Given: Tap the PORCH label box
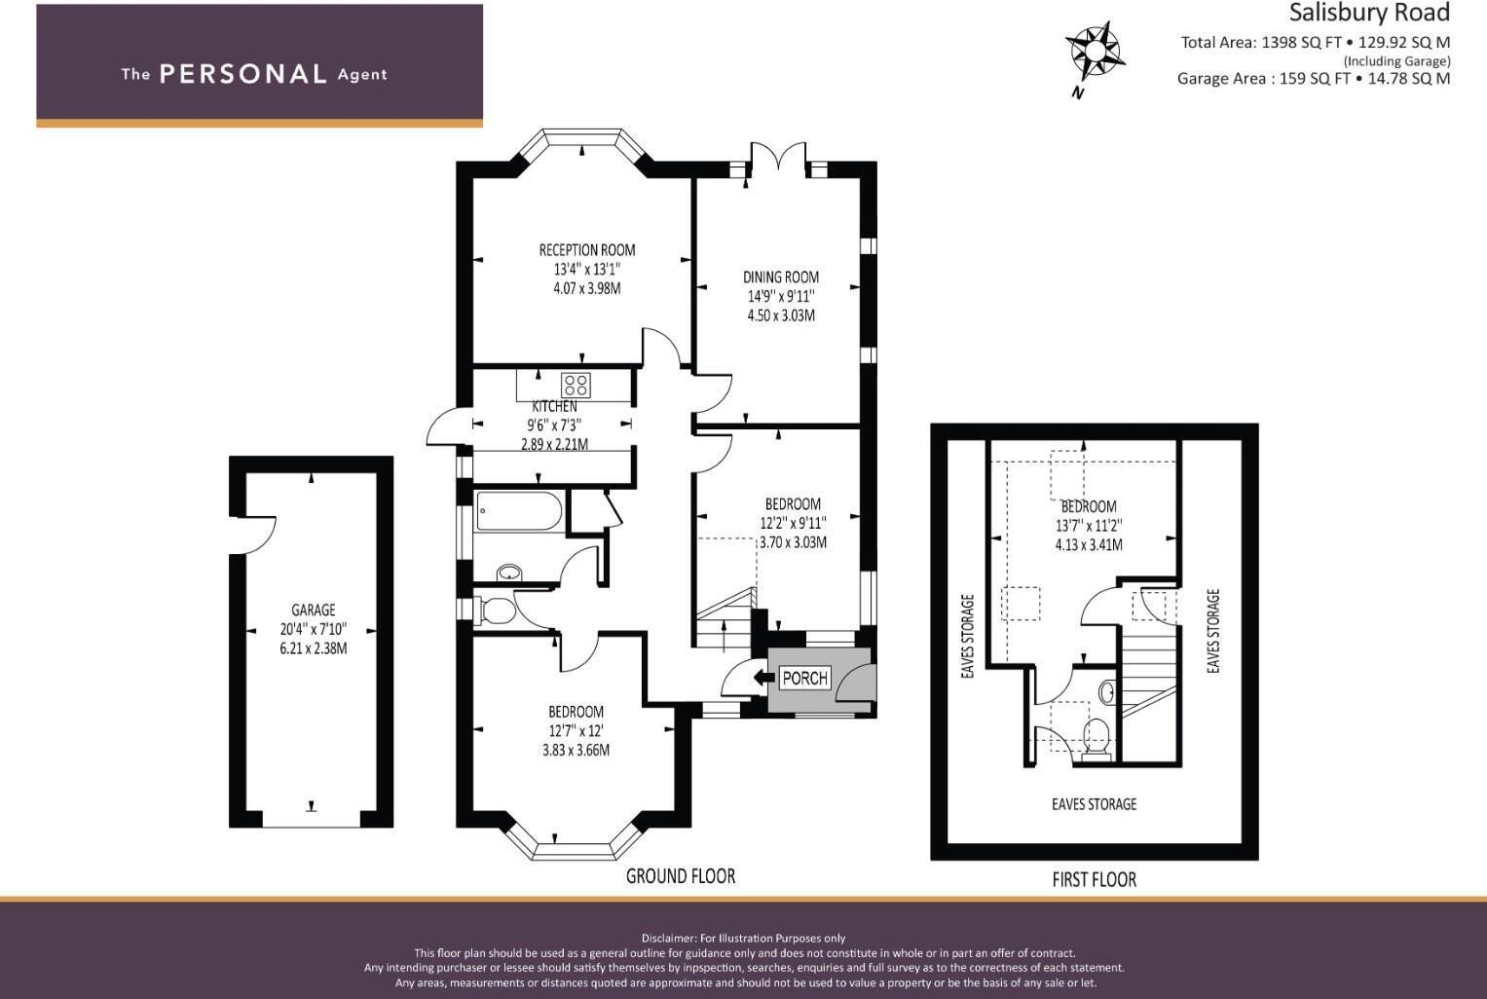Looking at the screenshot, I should (804, 678).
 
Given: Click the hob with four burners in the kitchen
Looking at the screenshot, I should (575, 385).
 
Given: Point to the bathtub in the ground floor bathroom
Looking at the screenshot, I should (519, 511).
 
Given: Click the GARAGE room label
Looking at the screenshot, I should (313, 610).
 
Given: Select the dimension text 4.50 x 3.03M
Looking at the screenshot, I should (781, 315).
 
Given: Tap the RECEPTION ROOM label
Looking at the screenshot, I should (587, 250).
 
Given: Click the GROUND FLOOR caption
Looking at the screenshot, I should (680, 876).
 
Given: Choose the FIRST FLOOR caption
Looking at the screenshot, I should (1094, 880).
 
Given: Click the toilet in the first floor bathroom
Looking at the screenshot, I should (1097, 736).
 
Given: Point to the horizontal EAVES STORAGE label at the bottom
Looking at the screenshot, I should (1094, 804).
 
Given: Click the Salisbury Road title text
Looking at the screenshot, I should (1369, 13).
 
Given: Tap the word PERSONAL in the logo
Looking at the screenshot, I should (242, 74).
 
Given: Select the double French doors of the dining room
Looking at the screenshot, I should (779, 158).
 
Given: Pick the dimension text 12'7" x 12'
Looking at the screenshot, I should (576, 730).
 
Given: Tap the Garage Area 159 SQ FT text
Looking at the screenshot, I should (1263, 79).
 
